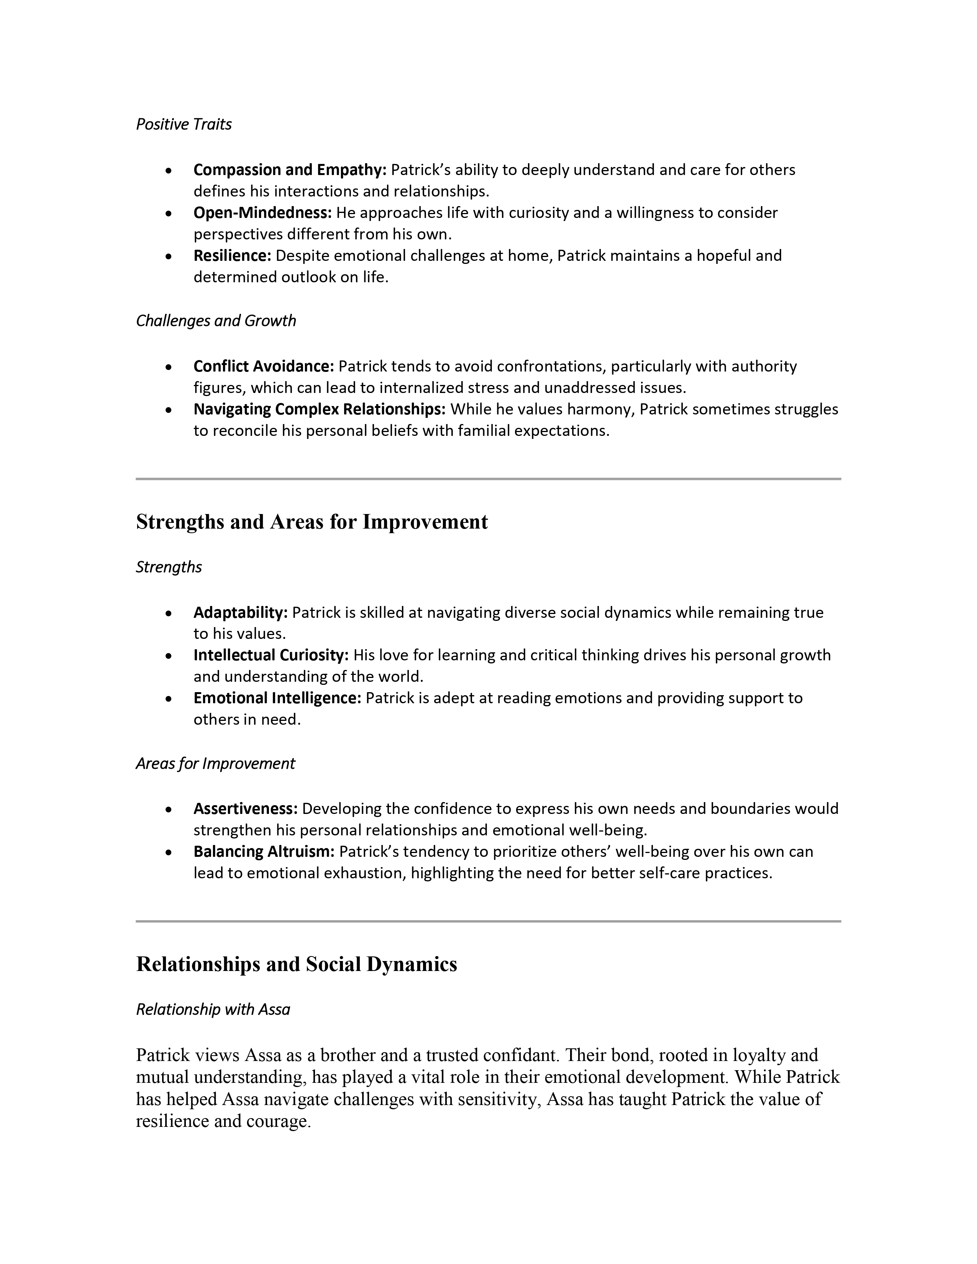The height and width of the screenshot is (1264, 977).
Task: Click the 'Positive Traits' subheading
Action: click(184, 124)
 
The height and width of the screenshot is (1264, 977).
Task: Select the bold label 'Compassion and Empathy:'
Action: click(289, 170)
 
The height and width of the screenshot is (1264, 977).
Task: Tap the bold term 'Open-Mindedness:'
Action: click(262, 213)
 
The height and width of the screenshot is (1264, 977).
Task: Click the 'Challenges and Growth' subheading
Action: click(215, 321)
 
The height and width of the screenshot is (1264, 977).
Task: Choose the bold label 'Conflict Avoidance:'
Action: click(263, 366)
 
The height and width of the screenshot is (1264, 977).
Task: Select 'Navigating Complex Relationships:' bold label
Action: click(319, 409)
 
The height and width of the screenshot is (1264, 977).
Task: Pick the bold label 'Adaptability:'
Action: click(240, 612)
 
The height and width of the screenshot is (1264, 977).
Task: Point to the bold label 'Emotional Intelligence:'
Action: click(277, 698)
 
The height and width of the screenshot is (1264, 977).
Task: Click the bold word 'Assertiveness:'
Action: click(246, 809)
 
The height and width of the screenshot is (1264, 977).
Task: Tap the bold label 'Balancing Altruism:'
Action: click(264, 851)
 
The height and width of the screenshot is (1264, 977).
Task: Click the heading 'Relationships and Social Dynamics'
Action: click(296, 964)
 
